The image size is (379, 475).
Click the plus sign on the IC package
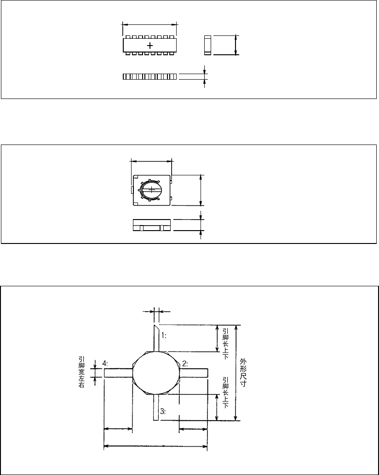pos(150,46)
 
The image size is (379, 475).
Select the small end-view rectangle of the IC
pos(207,45)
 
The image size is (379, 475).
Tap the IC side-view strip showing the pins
pos(149,76)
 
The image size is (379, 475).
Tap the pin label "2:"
pos(184,364)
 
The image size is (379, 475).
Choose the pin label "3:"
pos(162,410)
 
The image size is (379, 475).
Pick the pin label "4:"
pos(105,364)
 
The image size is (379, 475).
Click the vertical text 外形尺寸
pos(243,373)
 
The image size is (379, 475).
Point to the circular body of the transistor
pos(155,372)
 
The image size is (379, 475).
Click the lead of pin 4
pos(118,373)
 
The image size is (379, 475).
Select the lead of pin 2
pos(193,373)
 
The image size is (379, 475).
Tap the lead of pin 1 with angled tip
pos(156,337)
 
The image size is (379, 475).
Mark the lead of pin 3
pos(156,407)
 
